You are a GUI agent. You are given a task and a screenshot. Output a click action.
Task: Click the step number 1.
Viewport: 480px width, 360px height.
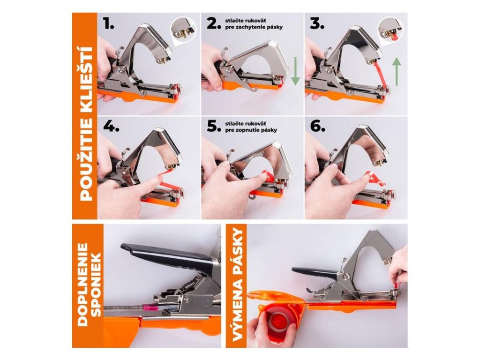pos(109,23)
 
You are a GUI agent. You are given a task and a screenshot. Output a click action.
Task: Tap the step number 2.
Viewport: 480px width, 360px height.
pos(214,23)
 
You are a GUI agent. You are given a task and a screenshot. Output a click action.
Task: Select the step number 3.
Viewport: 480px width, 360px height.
pos(317,23)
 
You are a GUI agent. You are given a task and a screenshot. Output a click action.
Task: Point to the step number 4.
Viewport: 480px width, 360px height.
pos(111,126)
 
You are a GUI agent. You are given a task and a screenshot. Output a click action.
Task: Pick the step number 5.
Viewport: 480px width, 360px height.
pos(214,126)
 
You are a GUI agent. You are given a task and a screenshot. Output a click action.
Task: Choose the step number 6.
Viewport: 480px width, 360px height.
pos(317,126)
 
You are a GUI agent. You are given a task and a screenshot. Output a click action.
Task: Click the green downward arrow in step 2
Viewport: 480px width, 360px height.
pos(295,71)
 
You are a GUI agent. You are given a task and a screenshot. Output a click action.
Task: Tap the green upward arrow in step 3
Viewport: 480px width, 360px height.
pos(397,71)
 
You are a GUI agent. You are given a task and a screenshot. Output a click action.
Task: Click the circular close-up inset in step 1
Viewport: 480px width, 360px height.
pos(183,30)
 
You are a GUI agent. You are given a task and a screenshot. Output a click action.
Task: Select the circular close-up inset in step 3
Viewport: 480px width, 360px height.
pos(390,30)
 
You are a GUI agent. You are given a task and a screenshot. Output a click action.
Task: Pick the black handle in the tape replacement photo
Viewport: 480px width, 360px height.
pos(315,272)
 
